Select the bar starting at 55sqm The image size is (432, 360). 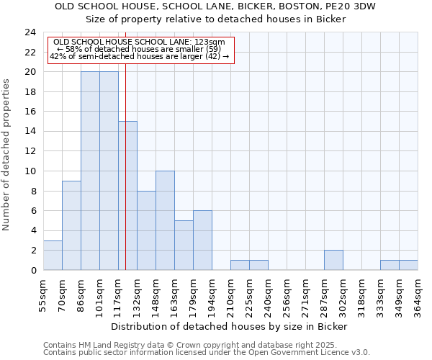point(53,255)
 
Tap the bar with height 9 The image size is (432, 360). point(71,225)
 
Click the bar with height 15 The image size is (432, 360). point(127,196)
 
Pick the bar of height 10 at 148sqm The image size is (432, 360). point(165,220)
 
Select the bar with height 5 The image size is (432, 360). point(184,245)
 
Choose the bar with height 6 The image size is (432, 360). point(202,240)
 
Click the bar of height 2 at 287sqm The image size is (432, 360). point(333,260)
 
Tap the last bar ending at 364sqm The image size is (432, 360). point(408,265)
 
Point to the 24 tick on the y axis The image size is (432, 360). point(30,32)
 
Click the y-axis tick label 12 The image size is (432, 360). point(30,151)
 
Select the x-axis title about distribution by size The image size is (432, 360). point(230,326)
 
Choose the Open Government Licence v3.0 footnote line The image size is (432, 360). point(207,353)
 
